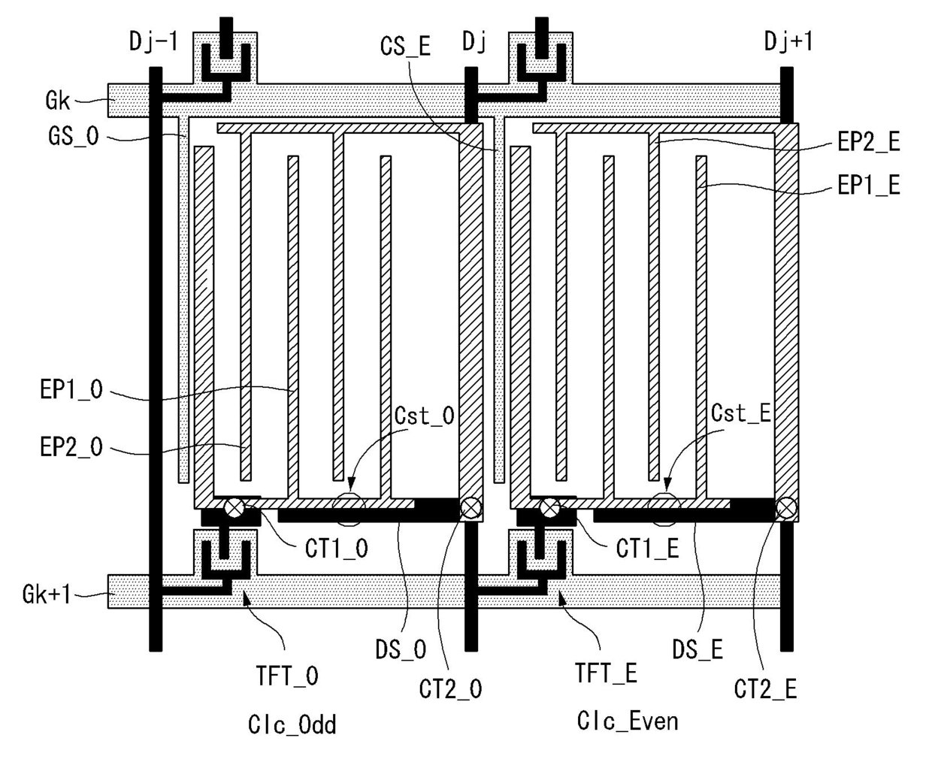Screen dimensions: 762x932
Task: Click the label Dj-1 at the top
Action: [x=153, y=41]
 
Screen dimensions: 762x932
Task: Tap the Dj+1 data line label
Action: [x=788, y=41]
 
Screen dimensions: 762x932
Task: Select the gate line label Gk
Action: [x=58, y=100]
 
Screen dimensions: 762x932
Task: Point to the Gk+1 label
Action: [x=47, y=594]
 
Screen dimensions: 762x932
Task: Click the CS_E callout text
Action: [x=405, y=47]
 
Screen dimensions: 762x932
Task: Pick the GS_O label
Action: [x=73, y=138]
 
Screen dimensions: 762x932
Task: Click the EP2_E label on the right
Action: [x=869, y=142]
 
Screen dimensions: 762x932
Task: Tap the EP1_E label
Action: [x=869, y=185]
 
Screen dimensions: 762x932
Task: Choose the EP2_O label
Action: [x=71, y=448]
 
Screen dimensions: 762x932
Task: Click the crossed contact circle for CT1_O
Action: [x=235, y=508]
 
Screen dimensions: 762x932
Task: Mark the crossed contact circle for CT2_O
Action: [x=471, y=508]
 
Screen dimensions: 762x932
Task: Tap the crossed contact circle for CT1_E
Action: [x=550, y=508]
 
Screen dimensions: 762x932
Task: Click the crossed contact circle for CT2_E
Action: [x=786, y=508]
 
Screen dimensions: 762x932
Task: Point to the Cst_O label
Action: [x=425, y=416]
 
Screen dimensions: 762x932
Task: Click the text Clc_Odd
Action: [x=292, y=725]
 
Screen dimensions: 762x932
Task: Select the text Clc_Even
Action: [x=628, y=721]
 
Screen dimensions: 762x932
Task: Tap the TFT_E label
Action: [x=606, y=674]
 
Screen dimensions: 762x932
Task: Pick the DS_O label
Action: [x=401, y=649]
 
